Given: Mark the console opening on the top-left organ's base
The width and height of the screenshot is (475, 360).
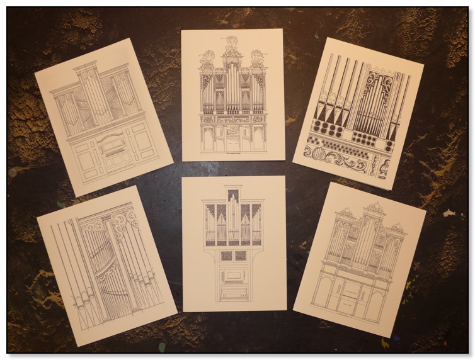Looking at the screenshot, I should click(108, 147).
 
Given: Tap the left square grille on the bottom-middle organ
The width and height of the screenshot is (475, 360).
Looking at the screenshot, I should click(225, 256).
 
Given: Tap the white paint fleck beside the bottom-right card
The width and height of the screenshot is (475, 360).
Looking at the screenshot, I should click(449, 213).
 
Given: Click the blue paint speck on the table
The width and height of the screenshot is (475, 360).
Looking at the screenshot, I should click(396, 338).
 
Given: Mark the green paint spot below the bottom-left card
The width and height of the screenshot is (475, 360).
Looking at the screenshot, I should click(162, 347).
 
